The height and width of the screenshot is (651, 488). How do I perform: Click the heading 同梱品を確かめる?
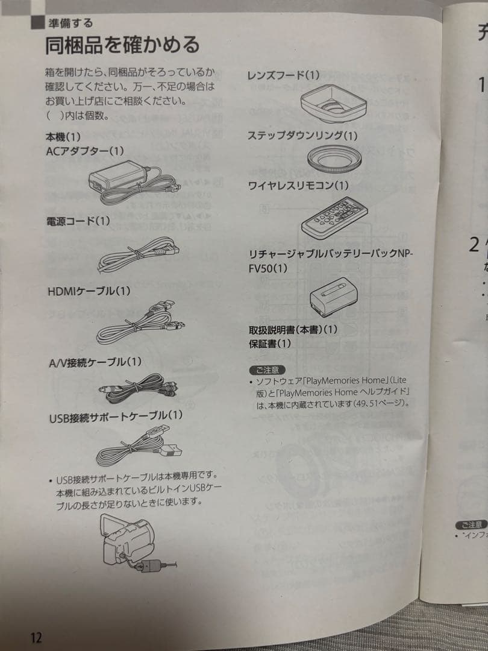[122, 44]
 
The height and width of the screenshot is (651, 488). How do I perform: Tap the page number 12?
[36, 637]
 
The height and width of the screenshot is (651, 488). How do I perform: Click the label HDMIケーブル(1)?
[89, 291]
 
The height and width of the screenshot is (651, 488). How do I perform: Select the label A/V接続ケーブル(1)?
[95, 362]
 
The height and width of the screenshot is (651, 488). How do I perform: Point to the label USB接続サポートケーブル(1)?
[114, 415]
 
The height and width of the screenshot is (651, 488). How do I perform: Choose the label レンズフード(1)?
[283, 75]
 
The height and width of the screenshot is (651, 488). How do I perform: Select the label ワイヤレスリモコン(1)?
[298, 185]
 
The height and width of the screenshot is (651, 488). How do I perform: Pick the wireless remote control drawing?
[335, 216]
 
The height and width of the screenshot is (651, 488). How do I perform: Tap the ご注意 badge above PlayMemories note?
[266, 369]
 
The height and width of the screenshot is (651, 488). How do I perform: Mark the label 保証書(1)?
[269, 344]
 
